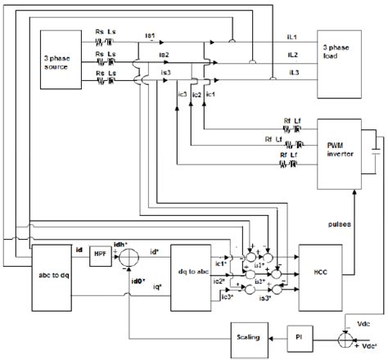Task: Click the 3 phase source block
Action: (61, 65)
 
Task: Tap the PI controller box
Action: (299, 336)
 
